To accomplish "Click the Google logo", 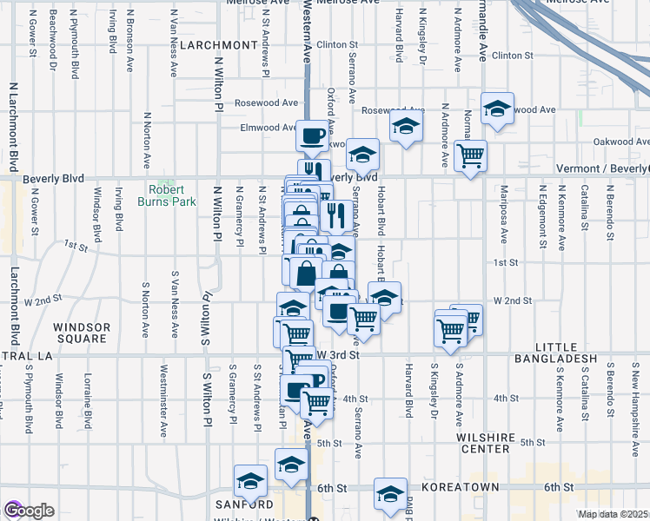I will (x=28, y=511).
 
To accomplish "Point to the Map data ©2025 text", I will (x=614, y=514).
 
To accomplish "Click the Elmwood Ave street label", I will (x=269, y=128).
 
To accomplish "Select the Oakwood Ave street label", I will (x=620, y=142).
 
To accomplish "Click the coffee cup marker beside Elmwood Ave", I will (x=313, y=135).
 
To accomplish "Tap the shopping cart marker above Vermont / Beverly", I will (x=470, y=156).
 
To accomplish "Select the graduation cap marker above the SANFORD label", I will (x=250, y=480).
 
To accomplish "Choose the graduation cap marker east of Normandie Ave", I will (x=497, y=109).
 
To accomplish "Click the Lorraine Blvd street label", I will (x=88, y=400).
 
